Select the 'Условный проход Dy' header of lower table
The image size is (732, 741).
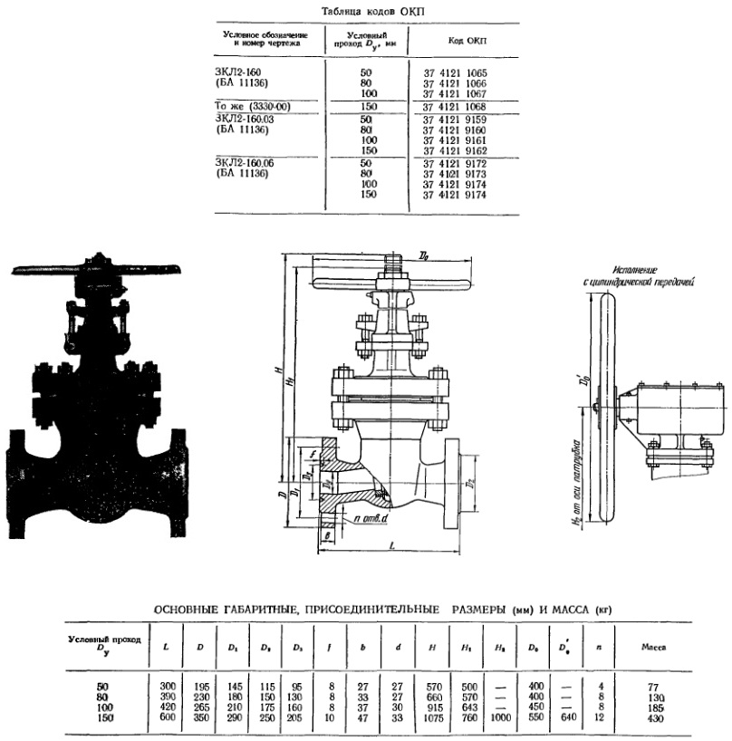tap(107, 643)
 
